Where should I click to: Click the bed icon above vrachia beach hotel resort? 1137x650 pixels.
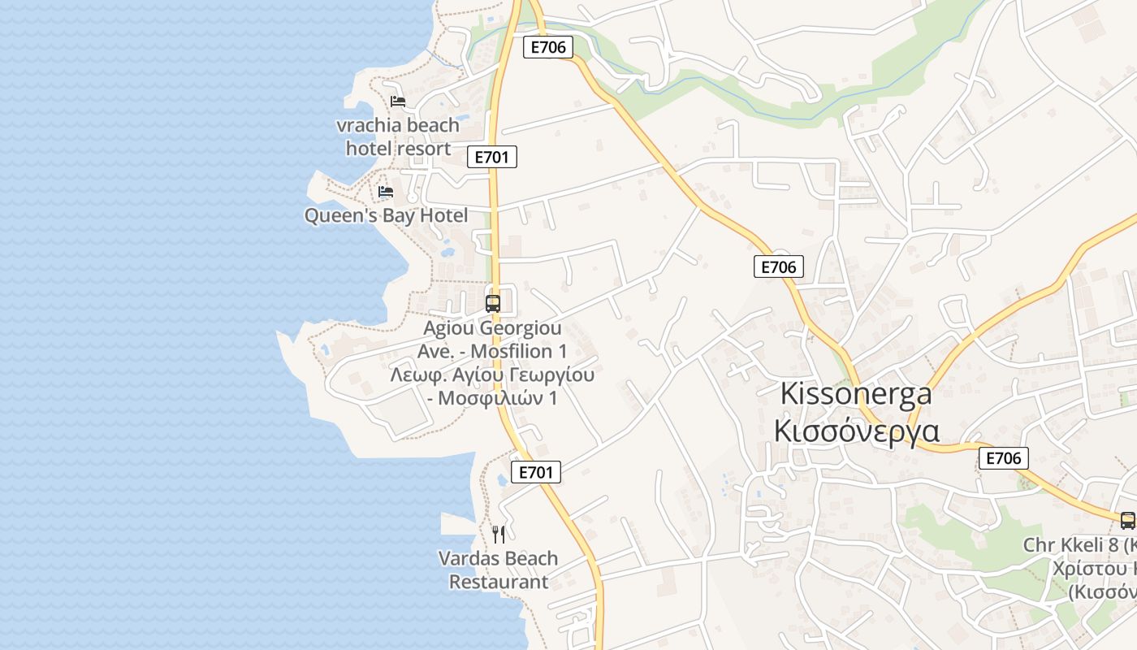click(397, 102)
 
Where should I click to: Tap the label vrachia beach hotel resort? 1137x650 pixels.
click(398, 137)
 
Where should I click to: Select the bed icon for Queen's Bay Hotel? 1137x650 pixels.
click(386, 192)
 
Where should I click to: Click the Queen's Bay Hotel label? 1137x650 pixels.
click(386, 216)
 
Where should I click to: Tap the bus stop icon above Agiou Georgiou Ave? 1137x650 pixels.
click(493, 304)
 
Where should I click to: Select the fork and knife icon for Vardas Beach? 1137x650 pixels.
click(499, 535)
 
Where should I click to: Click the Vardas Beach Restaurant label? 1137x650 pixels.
click(498, 570)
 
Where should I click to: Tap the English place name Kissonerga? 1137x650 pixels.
click(855, 394)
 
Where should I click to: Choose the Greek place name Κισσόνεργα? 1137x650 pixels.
click(856, 431)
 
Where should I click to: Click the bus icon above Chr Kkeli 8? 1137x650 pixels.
click(1127, 521)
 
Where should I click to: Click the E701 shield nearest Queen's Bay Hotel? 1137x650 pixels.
click(492, 157)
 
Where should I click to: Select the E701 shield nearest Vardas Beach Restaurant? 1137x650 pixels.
click(536, 472)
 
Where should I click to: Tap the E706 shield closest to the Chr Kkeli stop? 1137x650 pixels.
click(1003, 458)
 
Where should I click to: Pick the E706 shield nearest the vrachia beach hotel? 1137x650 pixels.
click(548, 47)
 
